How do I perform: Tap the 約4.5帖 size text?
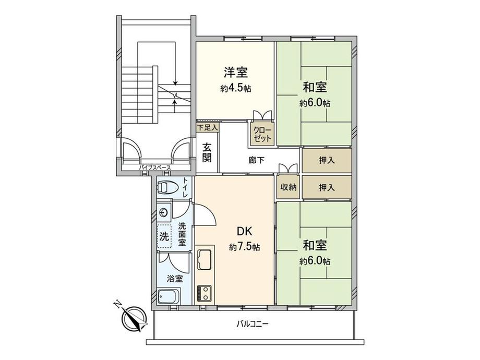tap(236, 88)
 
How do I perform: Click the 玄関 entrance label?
tap(207, 153)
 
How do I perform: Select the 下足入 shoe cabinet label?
tap(207, 126)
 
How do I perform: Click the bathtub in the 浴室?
tap(168, 298)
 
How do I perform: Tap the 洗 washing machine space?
tap(164, 235)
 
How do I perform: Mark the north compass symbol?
tap(133, 317)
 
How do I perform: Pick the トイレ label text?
tap(186, 187)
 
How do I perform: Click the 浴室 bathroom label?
tap(175, 278)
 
